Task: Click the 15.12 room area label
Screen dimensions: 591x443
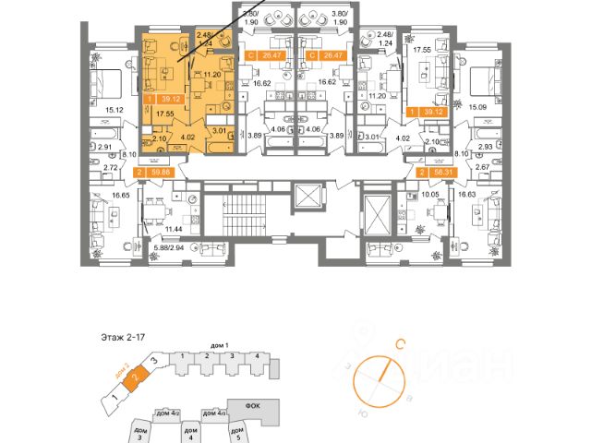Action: pyautogui.click(x=115, y=111)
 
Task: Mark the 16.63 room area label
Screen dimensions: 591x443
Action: pyautogui.click(x=468, y=197)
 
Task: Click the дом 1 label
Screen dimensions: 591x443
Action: pyautogui.click(x=219, y=344)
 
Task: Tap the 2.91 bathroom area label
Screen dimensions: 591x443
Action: pyautogui.click(x=105, y=147)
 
